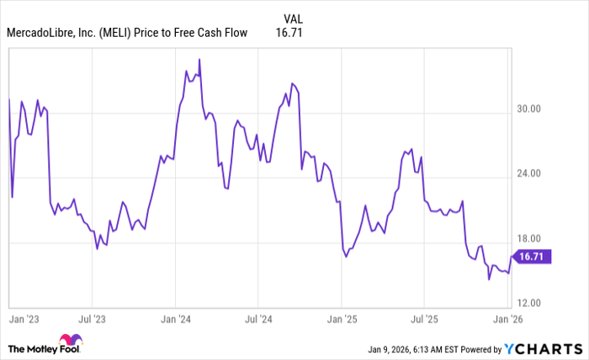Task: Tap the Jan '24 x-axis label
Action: click(x=175, y=320)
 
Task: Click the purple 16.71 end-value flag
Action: click(x=531, y=257)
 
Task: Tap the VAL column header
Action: click(x=294, y=18)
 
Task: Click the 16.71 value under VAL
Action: click(x=289, y=34)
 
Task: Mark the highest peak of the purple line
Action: click(x=199, y=59)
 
